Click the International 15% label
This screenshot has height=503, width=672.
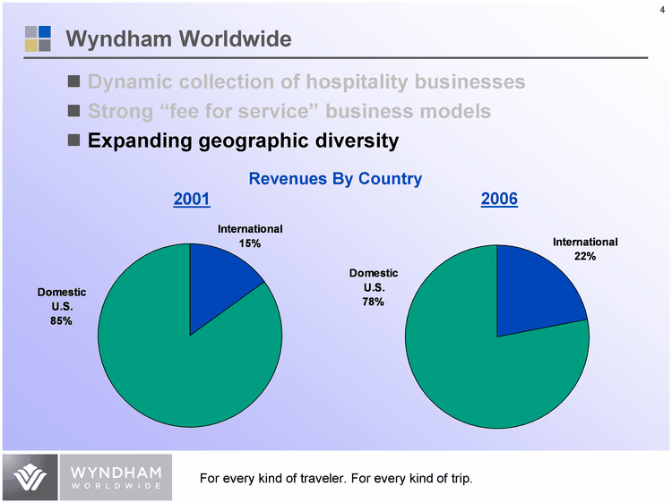click(250, 236)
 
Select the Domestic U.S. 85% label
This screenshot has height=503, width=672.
click(61, 307)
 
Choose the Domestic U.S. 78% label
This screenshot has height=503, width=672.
click(373, 287)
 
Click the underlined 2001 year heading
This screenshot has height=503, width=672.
click(191, 200)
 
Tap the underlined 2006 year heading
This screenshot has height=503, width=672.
click(499, 200)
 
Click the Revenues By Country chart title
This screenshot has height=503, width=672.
click(335, 179)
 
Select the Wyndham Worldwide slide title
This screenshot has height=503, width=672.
click(179, 39)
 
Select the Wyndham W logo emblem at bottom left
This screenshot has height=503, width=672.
click(30, 478)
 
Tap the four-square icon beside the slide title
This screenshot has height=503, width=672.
click(38, 38)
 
